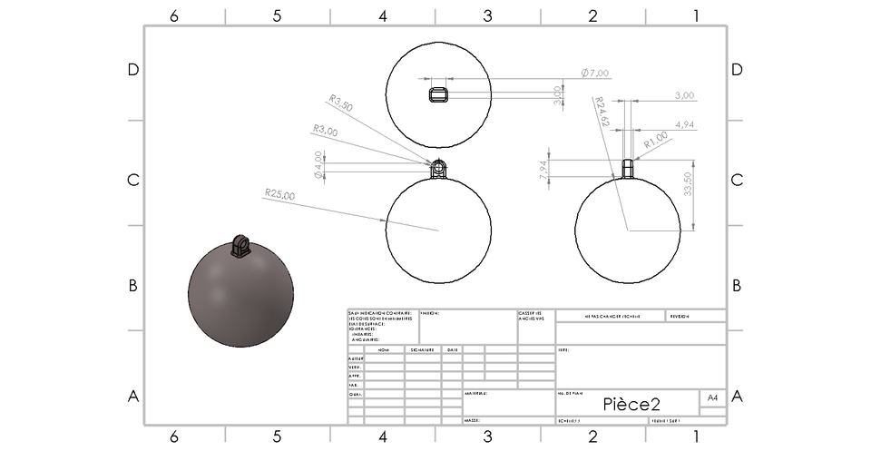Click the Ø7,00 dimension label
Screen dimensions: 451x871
pyautogui.click(x=595, y=73)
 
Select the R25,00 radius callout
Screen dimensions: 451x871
pyautogui.click(x=280, y=193)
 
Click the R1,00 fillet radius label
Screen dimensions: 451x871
pyautogui.click(x=656, y=141)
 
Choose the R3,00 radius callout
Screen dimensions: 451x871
pyautogui.click(x=325, y=132)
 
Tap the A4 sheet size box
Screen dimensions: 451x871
pyautogui.click(x=712, y=397)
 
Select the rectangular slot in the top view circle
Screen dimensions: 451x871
pyautogui.click(x=438, y=93)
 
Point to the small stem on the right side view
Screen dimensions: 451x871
pyautogui.click(x=627, y=169)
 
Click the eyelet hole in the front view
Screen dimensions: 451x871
pyautogui.click(x=438, y=167)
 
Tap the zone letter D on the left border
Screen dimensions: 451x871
pyautogui.click(x=132, y=70)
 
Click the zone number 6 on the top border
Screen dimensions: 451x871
pyautogui.click(x=172, y=15)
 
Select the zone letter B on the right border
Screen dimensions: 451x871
pyautogui.click(x=737, y=285)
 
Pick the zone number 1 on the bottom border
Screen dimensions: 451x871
pyautogui.click(x=696, y=436)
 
